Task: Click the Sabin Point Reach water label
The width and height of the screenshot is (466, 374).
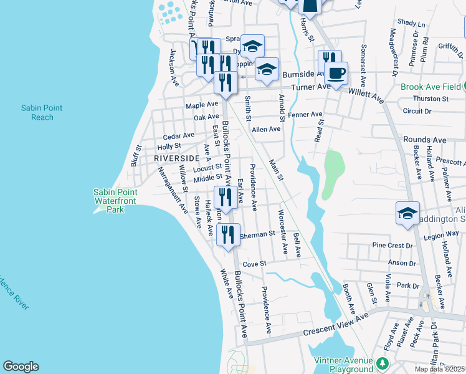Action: click(x=42, y=112)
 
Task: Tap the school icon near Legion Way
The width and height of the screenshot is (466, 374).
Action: click(x=407, y=214)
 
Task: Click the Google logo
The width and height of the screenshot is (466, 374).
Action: click(x=21, y=367)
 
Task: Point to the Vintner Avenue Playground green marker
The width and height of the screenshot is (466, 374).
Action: click(x=381, y=362)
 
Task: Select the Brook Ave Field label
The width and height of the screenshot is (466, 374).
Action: click(x=429, y=87)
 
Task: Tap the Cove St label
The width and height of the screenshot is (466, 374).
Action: click(x=254, y=264)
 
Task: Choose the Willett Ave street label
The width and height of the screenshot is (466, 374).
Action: click(x=367, y=95)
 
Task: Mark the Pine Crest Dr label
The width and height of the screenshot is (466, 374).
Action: click(x=392, y=246)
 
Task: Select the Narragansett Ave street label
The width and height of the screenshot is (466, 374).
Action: click(x=172, y=189)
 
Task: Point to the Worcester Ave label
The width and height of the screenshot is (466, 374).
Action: click(x=283, y=233)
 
